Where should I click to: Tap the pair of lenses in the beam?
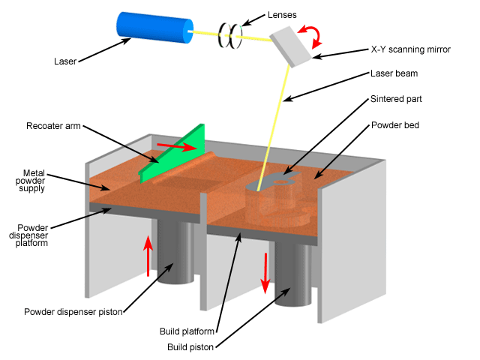(x=229, y=34)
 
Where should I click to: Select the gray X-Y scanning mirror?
(x=292, y=45)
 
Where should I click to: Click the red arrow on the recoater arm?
(x=178, y=145)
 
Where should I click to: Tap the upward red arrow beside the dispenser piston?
(x=148, y=255)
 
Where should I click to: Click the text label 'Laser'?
(x=67, y=61)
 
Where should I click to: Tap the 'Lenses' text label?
(x=283, y=15)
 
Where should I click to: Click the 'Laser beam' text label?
(x=393, y=73)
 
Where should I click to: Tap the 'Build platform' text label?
(x=187, y=331)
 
